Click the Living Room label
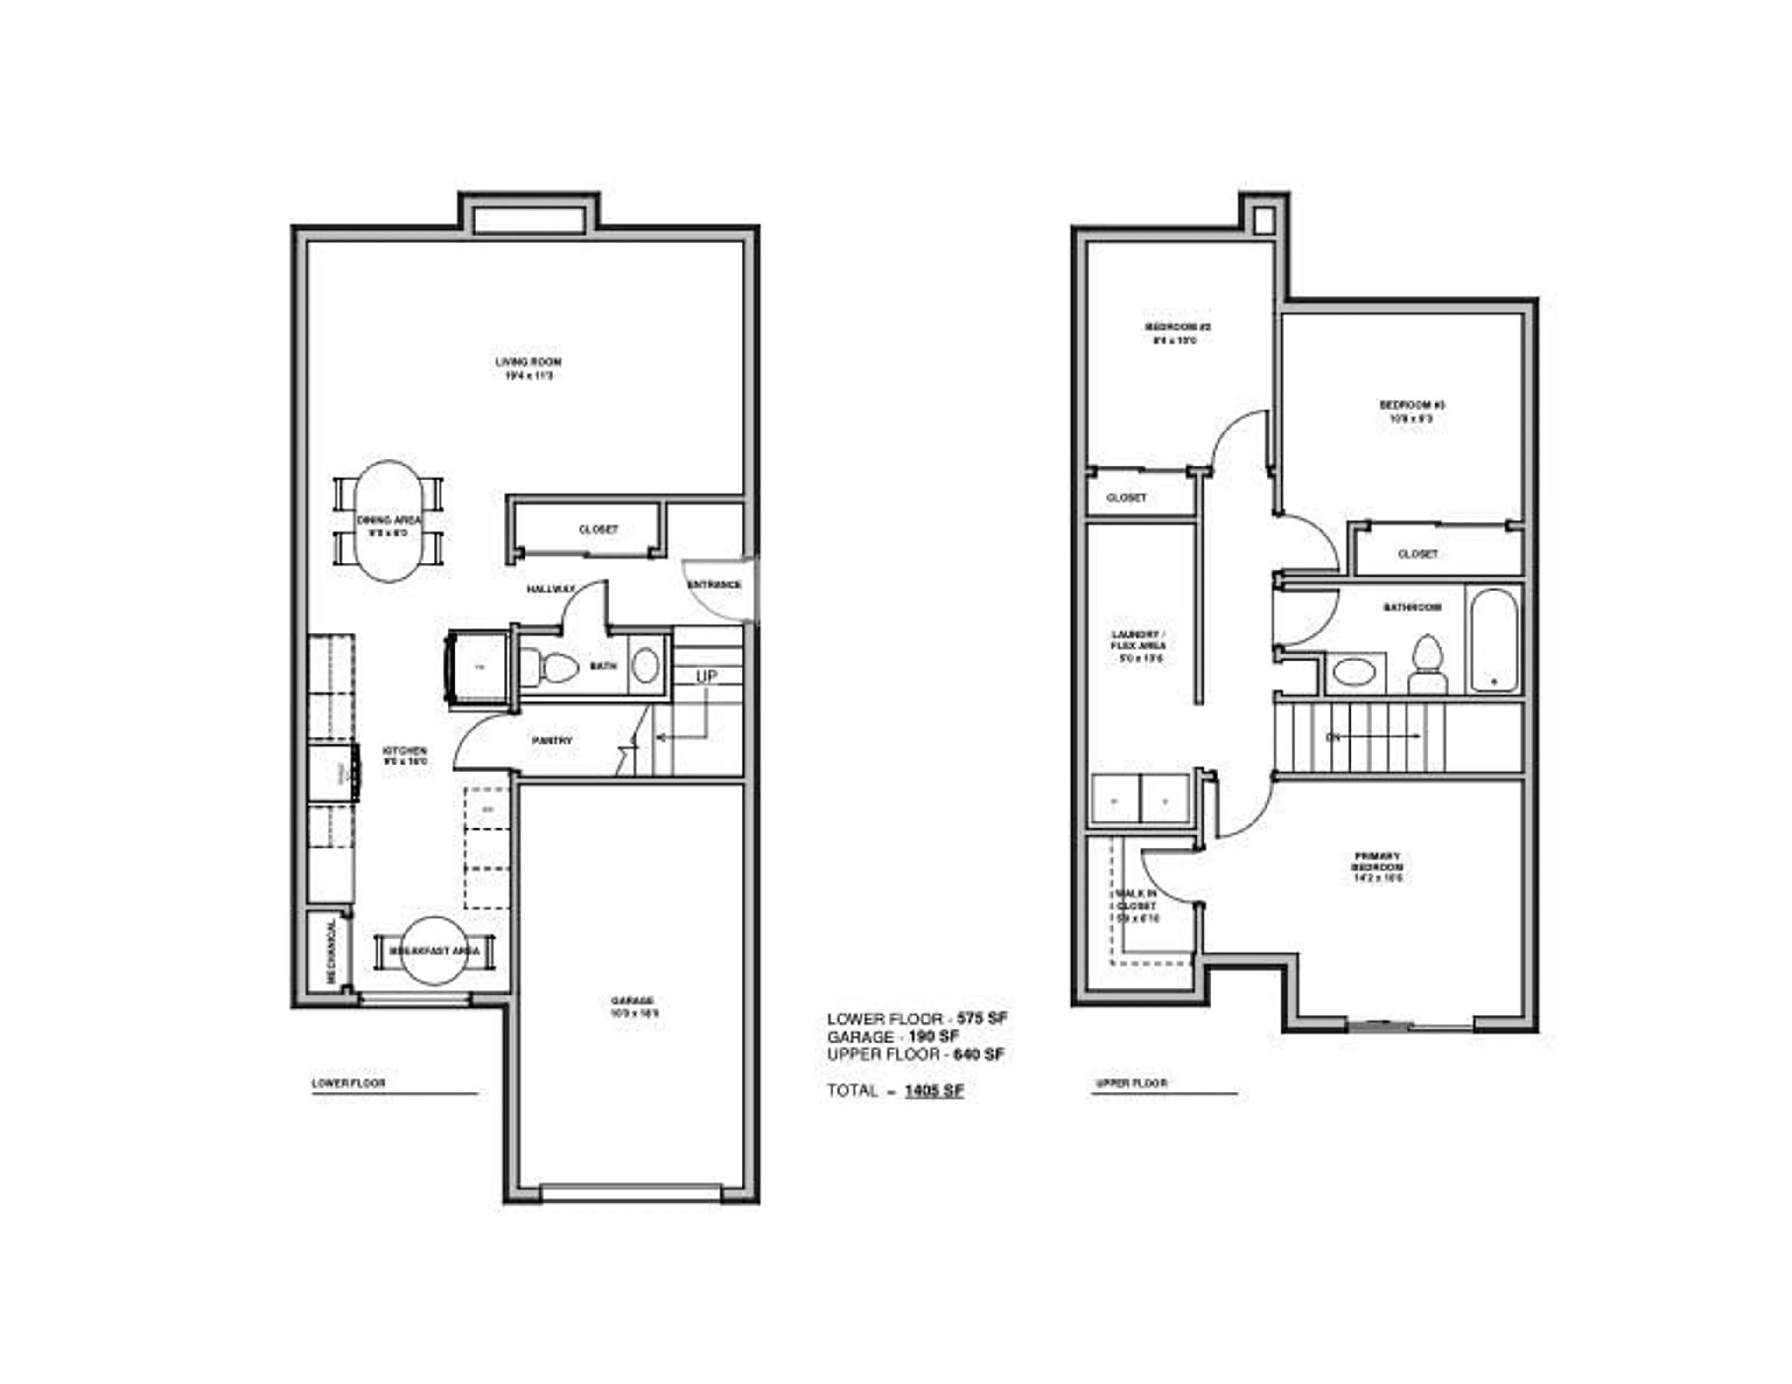[x=528, y=362]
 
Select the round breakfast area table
[x=435, y=950]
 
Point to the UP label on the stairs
[x=707, y=676]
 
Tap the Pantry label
[x=552, y=740]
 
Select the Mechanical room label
[x=331, y=952]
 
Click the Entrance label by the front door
[x=714, y=584]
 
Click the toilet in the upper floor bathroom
[x=1428, y=665]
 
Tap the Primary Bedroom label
[x=1378, y=862]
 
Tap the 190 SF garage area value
[x=934, y=1036]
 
